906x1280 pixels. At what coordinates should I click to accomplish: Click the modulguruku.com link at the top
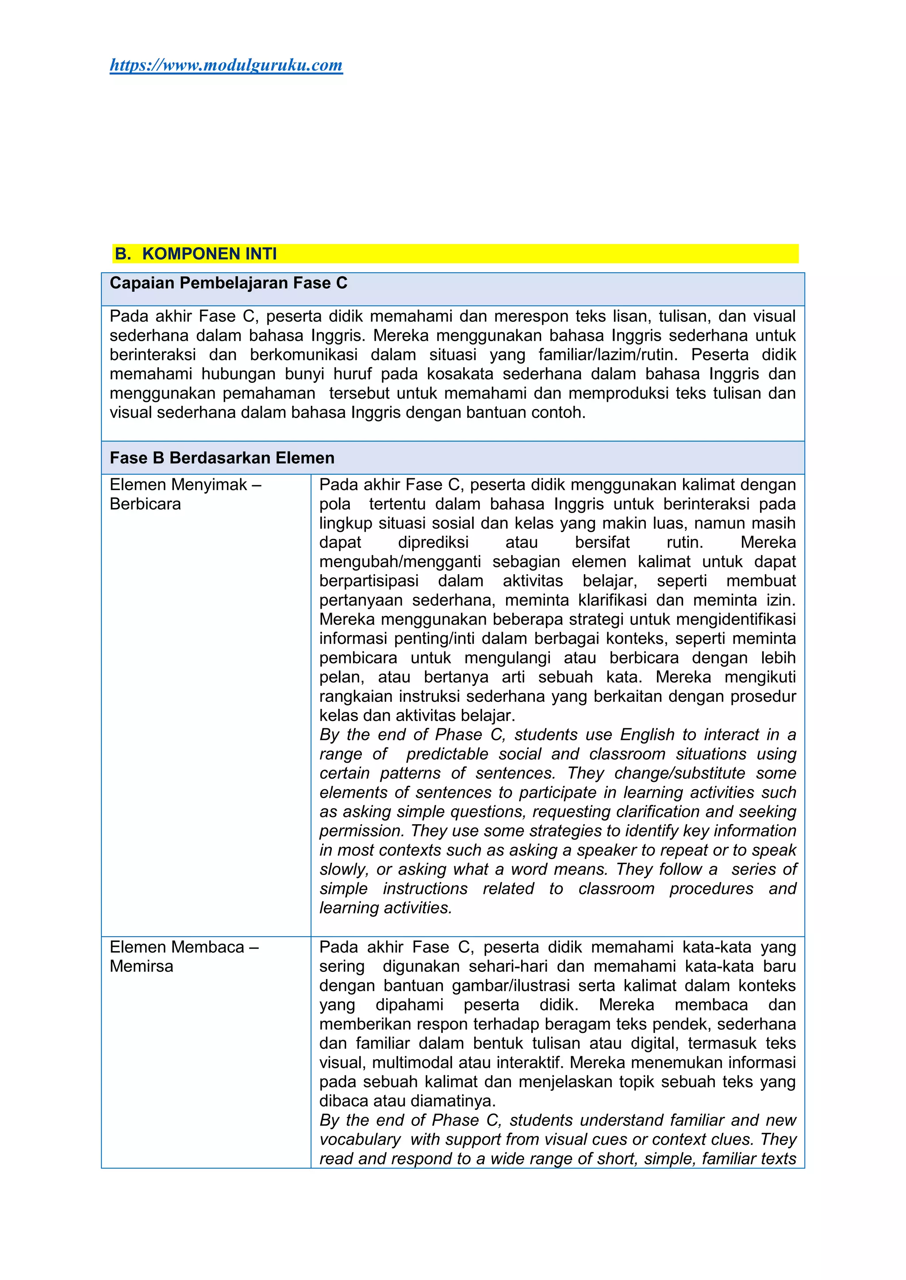coord(226,65)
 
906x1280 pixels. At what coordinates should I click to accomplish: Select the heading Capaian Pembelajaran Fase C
coord(228,283)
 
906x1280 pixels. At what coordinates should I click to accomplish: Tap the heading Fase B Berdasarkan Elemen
coord(222,458)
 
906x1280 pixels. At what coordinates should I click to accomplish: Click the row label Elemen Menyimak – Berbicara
coord(185,495)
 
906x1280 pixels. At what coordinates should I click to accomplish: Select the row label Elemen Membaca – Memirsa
coord(184,956)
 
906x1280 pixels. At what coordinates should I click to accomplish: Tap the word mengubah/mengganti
coord(399,562)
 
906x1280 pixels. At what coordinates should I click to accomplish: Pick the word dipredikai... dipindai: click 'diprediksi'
coord(434,542)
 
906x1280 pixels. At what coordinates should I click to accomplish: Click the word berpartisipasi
coord(369,581)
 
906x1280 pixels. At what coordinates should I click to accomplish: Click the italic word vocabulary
coord(360,1139)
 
